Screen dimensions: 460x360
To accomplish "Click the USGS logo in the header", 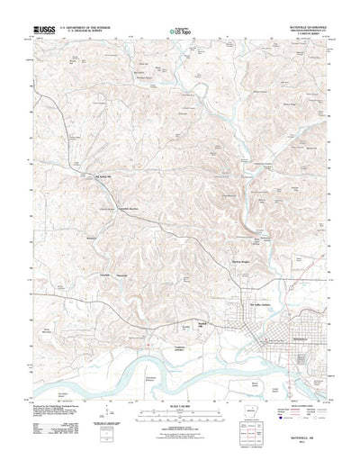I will coord(42,30).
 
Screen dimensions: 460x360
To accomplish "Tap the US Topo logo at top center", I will coord(181,31).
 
